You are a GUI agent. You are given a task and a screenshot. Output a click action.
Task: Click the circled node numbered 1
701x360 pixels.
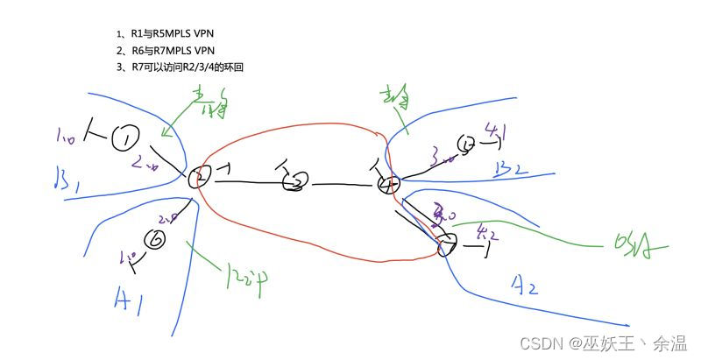pyautogui.click(x=126, y=137)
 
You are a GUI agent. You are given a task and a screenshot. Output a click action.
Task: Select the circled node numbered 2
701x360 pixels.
pyautogui.click(x=199, y=178)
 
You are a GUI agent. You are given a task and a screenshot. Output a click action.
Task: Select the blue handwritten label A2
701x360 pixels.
pyautogui.click(x=524, y=285)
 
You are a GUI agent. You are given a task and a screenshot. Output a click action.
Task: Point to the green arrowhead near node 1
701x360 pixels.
pyautogui.click(x=165, y=133)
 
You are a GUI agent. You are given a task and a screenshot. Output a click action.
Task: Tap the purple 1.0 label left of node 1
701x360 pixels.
pyautogui.click(x=66, y=137)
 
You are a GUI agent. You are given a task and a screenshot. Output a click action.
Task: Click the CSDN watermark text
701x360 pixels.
pyautogui.click(x=604, y=343)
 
